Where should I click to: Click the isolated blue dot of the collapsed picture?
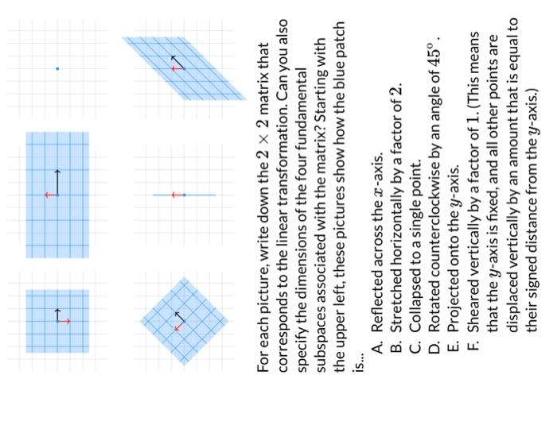[x=57, y=69]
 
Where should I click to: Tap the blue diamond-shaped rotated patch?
[x=183, y=321]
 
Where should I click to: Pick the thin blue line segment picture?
[x=184, y=195]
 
